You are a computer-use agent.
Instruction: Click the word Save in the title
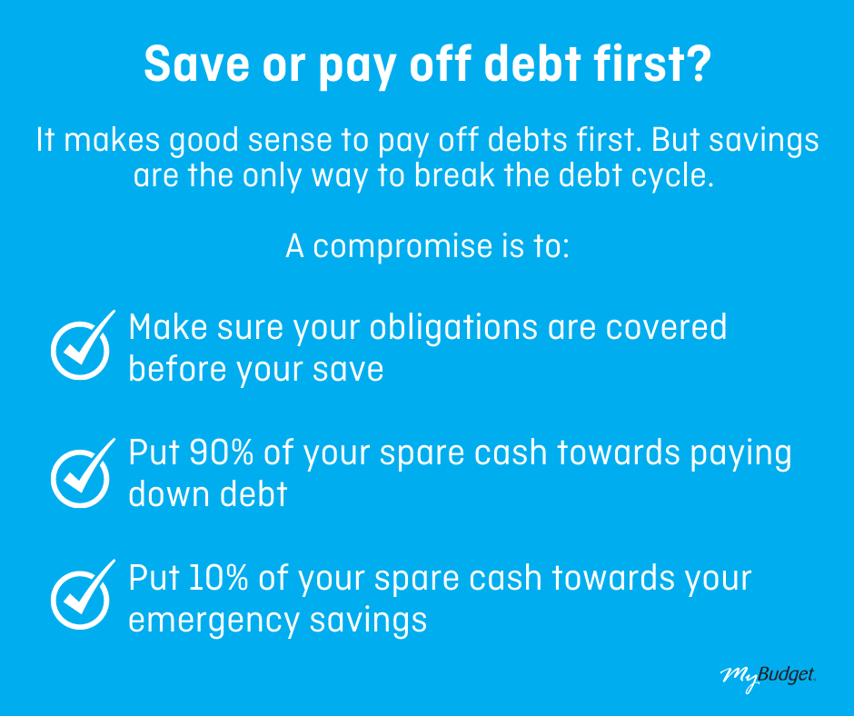pyautogui.click(x=196, y=64)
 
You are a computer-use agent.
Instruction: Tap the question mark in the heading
pyautogui.click(x=697, y=64)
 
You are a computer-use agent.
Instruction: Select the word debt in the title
pyautogui.click(x=532, y=64)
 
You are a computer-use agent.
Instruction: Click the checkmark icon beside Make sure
pyautogui.click(x=83, y=345)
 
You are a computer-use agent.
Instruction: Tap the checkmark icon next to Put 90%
pyautogui.click(x=83, y=473)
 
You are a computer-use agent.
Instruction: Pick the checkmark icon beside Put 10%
pyautogui.click(x=83, y=594)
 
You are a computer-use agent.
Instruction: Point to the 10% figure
pyautogui.click(x=219, y=578)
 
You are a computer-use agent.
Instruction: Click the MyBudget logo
pyautogui.click(x=768, y=677)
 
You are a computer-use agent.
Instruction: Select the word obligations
pyautogui.click(x=453, y=329)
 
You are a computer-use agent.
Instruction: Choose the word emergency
pyautogui.click(x=214, y=622)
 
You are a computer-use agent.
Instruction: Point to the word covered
pyautogui.click(x=666, y=327)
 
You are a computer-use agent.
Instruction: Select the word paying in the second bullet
pyautogui.click(x=741, y=454)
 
